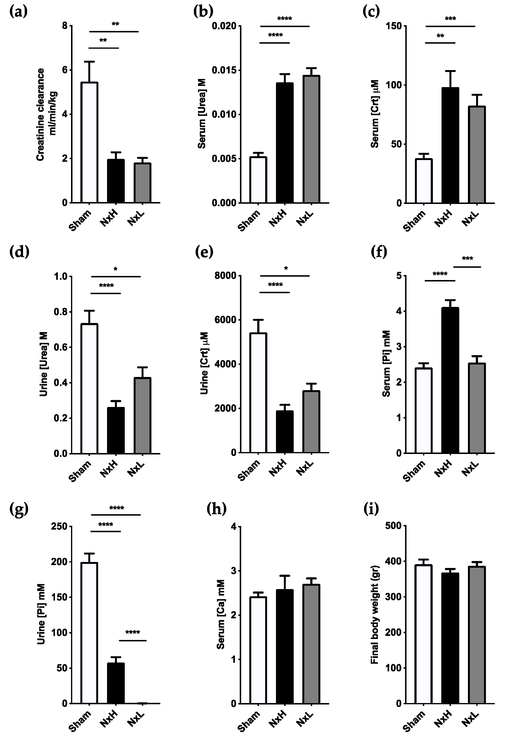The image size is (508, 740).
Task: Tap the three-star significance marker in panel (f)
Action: point(467,259)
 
